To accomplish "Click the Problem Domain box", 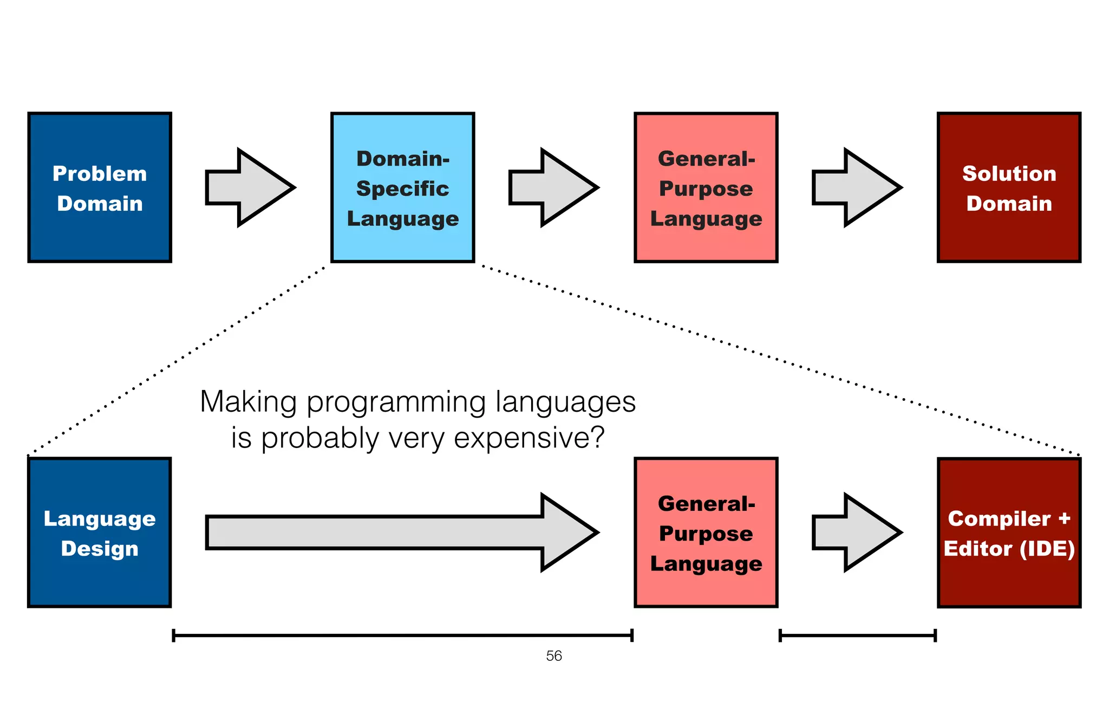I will point(100,187).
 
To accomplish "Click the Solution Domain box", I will point(1009,187).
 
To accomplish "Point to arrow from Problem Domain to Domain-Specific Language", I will point(249,187).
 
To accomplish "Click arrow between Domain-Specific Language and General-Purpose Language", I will point(552,187).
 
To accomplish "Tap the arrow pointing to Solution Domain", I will point(856,187).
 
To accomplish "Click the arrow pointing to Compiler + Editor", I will point(856,532).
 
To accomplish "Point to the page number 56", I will point(554,656).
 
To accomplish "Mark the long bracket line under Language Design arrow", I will point(402,635).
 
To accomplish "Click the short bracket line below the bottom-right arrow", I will point(857,635).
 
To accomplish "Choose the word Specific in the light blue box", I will point(402,189).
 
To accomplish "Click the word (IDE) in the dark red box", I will point(1047,549).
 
